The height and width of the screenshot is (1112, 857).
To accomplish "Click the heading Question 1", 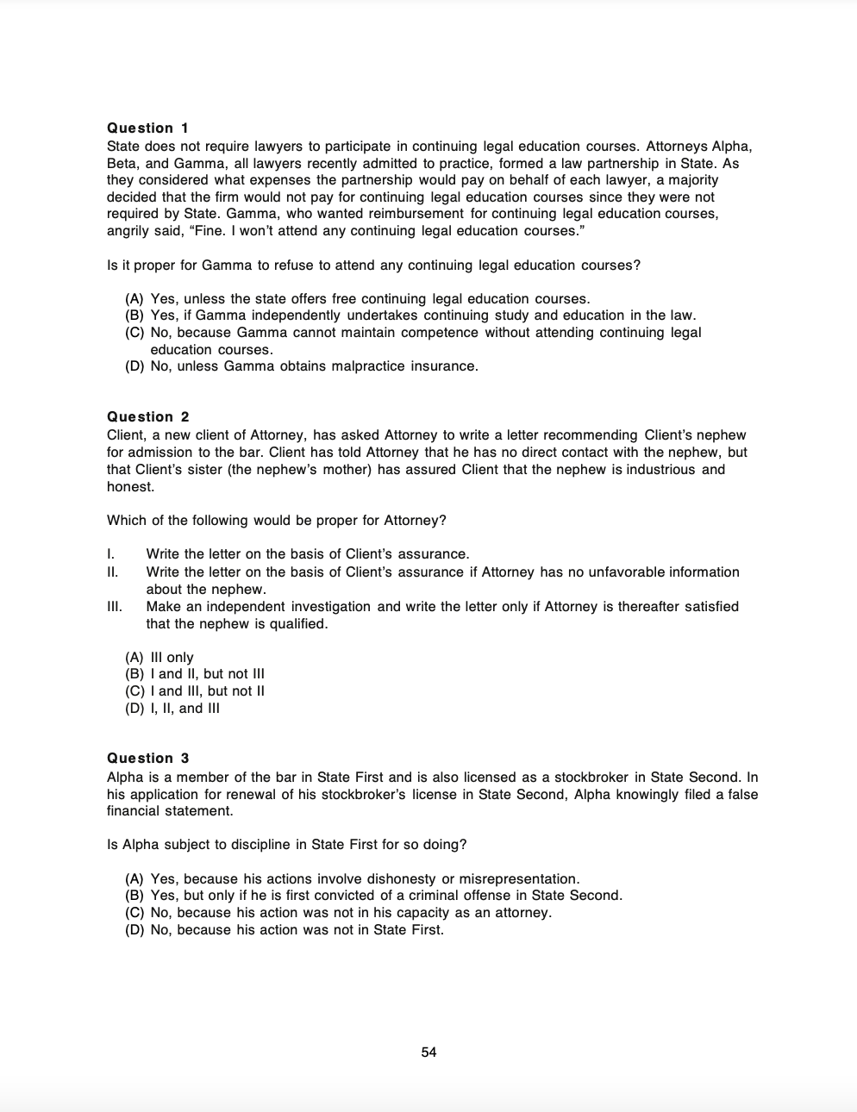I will click(x=147, y=128).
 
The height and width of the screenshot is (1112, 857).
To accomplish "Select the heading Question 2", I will click(x=147, y=416).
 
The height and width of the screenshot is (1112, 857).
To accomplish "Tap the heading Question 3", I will click(x=147, y=758).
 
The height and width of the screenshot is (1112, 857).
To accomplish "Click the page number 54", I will click(x=428, y=1052).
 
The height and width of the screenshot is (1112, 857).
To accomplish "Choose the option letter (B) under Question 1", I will click(x=134, y=315).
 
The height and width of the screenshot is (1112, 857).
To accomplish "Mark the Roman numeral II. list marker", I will click(x=112, y=572).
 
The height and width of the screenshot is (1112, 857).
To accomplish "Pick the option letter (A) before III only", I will click(x=134, y=657).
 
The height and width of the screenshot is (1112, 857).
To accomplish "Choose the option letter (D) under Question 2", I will click(x=134, y=709).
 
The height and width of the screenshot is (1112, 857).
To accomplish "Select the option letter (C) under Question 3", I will click(x=134, y=913).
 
